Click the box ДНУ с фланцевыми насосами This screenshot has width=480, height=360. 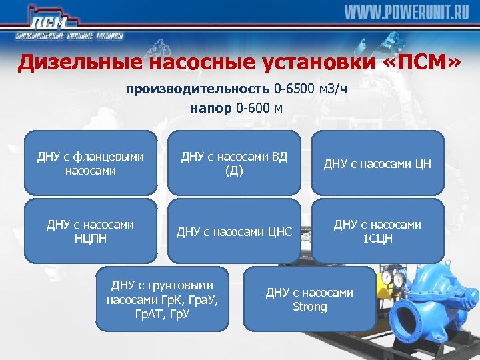pyautogui.click(x=91, y=163)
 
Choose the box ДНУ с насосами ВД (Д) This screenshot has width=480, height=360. pyautogui.click(x=234, y=163)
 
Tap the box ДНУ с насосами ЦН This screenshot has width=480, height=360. pyautogui.click(x=377, y=163)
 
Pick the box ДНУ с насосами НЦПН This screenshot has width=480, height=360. pyautogui.click(x=91, y=231)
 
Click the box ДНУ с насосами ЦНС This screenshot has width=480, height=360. pyautogui.click(x=234, y=231)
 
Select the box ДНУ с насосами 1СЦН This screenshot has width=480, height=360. pyautogui.click(x=377, y=231)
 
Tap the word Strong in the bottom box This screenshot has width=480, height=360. pyautogui.click(x=310, y=307)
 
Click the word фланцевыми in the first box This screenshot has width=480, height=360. pyautogui.click(x=111, y=157)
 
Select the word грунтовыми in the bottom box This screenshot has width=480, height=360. pyautogui.click(x=181, y=285)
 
